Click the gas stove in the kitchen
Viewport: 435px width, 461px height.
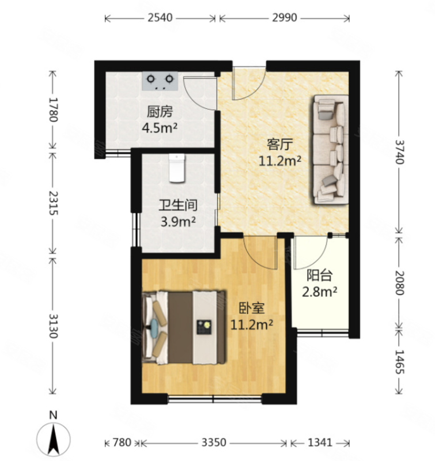(160, 81)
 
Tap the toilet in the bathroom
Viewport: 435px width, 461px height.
(177, 168)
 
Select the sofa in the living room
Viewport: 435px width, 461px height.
(330, 149)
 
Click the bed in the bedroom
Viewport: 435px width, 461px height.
(184, 327)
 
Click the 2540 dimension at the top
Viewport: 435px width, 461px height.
(160, 18)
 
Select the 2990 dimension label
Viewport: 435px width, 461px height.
(284, 18)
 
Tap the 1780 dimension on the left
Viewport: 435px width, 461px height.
(54, 109)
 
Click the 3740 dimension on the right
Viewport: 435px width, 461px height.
(399, 152)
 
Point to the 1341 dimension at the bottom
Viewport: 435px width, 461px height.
(320, 443)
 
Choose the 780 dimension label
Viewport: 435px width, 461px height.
(122, 443)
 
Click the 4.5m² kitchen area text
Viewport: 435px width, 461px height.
(159, 127)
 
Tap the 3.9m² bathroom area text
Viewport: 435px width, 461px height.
(178, 221)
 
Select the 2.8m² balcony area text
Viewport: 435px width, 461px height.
(320, 292)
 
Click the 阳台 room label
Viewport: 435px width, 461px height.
(320, 275)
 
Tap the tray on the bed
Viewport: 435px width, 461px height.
(205, 327)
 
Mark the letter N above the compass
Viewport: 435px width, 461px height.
(53, 415)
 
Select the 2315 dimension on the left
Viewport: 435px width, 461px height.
(54, 203)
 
